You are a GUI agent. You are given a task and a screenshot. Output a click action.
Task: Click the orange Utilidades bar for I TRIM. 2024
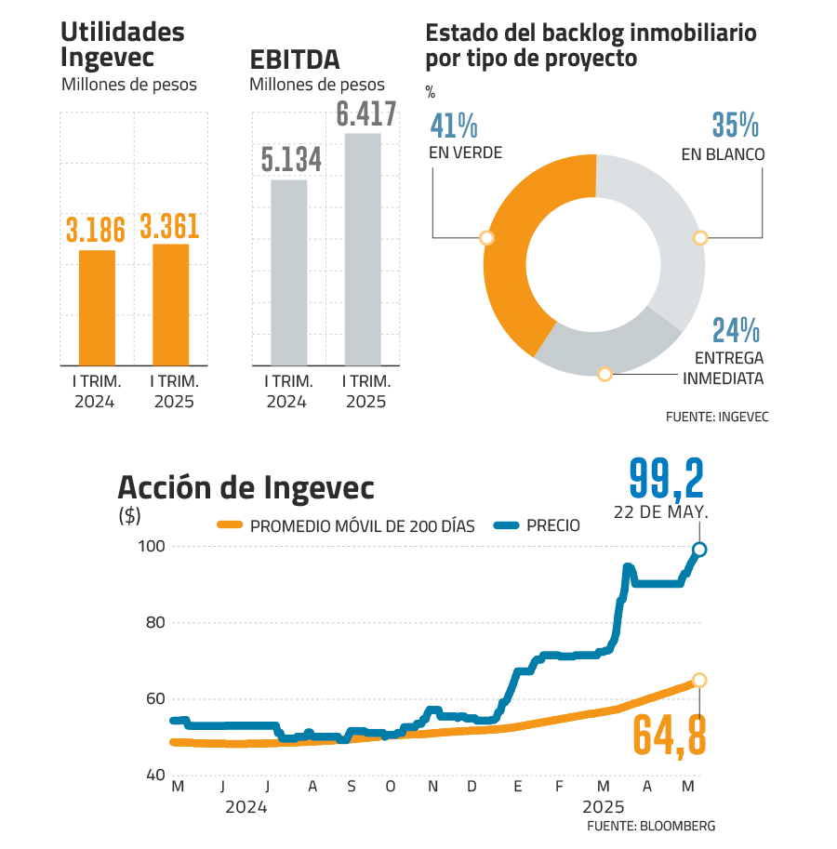[x=97, y=307]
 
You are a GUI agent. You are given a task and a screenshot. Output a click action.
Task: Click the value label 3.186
[x=97, y=229]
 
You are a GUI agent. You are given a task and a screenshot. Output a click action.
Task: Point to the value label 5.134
[x=290, y=159]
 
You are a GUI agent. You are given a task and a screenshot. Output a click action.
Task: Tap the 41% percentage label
[x=454, y=125]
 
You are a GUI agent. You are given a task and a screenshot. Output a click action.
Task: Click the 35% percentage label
[x=736, y=125]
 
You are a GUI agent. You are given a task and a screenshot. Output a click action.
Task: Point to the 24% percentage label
[x=737, y=330]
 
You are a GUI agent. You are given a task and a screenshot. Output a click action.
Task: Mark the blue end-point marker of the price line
[x=700, y=550]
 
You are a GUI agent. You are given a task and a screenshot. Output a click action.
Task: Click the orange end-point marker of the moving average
[x=699, y=681]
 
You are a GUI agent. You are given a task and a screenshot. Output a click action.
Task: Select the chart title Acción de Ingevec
[x=246, y=487]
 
